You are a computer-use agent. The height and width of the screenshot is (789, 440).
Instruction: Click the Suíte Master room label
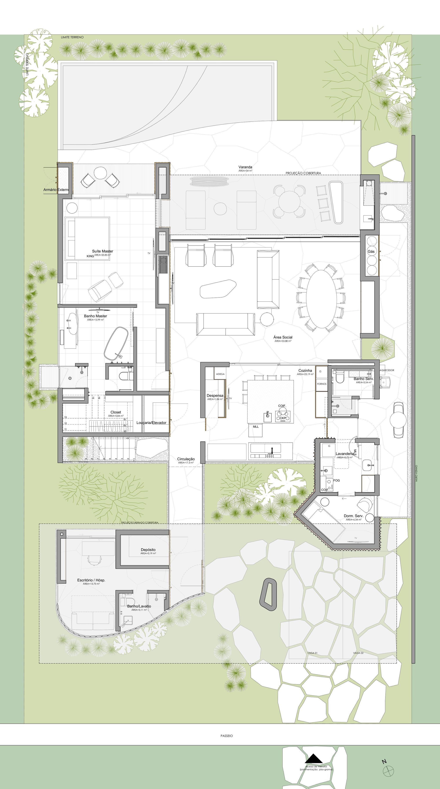(x=103, y=251)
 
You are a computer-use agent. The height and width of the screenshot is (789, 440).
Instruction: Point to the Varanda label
(x=245, y=167)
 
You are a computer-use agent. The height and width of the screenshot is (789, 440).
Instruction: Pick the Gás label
(x=371, y=251)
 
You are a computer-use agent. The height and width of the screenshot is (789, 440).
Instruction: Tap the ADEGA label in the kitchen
(x=220, y=374)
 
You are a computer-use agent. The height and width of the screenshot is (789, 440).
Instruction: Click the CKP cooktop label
(x=283, y=418)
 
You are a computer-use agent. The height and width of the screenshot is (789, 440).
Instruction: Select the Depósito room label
(x=148, y=550)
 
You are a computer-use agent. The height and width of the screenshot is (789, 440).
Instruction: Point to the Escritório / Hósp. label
(x=91, y=580)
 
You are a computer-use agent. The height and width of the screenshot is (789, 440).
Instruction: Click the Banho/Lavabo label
(x=139, y=606)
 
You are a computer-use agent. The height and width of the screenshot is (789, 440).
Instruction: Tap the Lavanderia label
(x=345, y=454)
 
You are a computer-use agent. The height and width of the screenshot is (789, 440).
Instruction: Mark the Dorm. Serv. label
(x=353, y=516)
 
